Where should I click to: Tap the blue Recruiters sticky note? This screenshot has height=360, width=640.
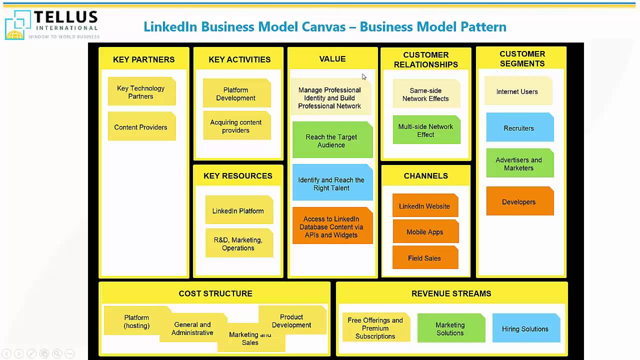519,128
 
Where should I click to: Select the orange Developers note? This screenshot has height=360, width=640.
519,201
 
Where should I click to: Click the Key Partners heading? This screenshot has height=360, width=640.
143,59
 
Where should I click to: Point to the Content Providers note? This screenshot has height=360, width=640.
141,127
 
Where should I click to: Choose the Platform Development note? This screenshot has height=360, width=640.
236,94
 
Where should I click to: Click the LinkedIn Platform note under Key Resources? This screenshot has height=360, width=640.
238,210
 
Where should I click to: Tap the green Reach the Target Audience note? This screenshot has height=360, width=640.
332,140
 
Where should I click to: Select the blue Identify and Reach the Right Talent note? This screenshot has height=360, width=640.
332,183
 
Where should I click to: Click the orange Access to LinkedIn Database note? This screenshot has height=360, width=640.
332,226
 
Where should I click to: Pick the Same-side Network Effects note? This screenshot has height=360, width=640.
426,94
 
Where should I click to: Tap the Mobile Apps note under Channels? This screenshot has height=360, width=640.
425,232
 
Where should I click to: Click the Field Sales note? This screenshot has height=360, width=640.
425,258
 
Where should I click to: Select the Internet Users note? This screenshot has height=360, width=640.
517,91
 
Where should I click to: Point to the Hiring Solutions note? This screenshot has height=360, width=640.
525,328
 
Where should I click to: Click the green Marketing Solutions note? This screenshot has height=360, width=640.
450,328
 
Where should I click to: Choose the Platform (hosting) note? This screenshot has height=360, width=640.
136,321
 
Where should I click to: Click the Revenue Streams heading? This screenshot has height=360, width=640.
451,293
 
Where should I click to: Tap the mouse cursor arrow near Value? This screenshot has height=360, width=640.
364,76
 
